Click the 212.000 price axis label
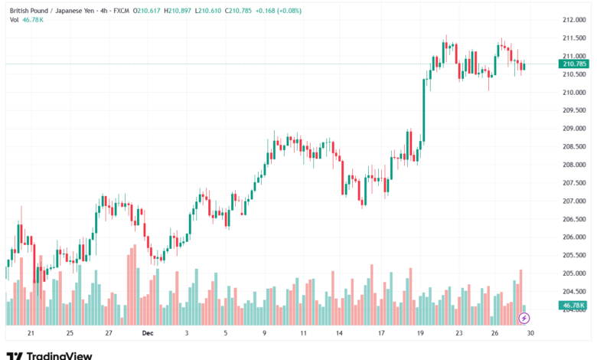coord(574,19)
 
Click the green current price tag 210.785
coord(574,64)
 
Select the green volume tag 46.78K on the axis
coord(574,306)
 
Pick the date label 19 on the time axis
coord(420,334)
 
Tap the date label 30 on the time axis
coord(530,334)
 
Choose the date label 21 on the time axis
coord(31,334)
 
